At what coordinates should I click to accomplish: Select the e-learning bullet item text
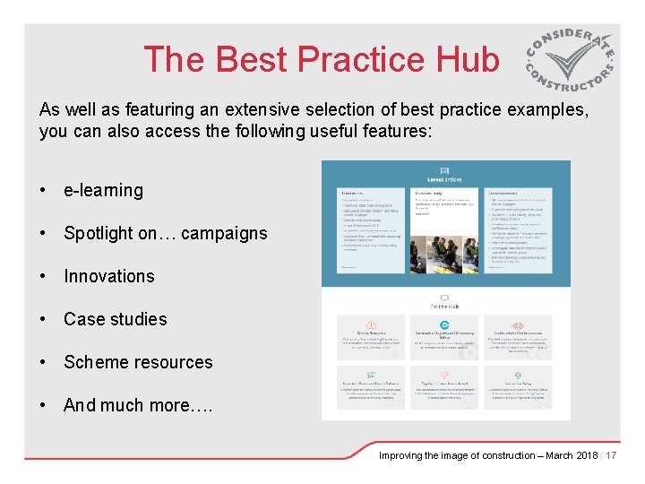point(103,190)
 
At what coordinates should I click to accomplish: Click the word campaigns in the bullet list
point(224,233)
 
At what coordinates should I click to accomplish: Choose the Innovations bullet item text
point(108,276)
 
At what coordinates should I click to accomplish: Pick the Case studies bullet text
point(115,319)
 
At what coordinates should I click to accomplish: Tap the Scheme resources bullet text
point(138,362)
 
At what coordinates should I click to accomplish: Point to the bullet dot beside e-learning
point(43,191)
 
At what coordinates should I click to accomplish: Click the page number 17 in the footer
point(612,455)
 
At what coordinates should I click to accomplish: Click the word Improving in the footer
point(402,455)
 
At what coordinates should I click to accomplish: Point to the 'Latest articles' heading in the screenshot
point(445,178)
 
